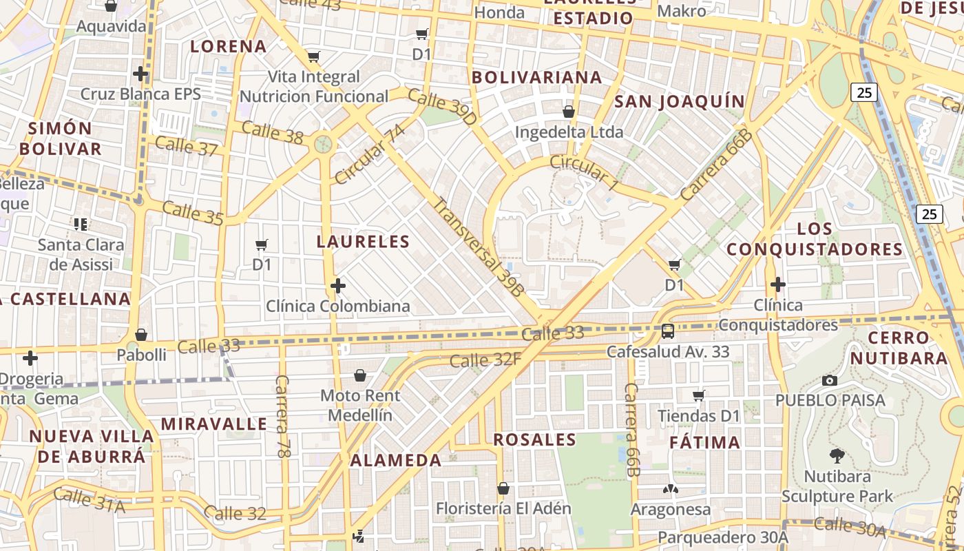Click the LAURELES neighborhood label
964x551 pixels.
(x=363, y=242)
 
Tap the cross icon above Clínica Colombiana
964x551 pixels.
(x=338, y=285)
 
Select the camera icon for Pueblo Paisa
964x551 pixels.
(x=830, y=380)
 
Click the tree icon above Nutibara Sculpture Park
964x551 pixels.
(x=837, y=455)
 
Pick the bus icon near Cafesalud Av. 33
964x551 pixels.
(x=667, y=331)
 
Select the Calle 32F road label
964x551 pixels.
(x=485, y=360)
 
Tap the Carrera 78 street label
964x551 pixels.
(x=282, y=417)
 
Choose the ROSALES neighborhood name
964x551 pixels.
(x=534, y=439)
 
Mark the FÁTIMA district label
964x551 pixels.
(x=705, y=442)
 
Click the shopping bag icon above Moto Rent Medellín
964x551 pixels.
(x=359, y=375)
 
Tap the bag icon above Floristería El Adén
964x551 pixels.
(x=503, y=488)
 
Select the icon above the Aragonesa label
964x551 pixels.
(x=670, y=489)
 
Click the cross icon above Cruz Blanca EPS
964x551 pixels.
(x=140, y=73)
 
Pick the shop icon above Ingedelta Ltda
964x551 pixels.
(x=569, y=112)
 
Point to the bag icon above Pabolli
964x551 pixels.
(x=141, y=335)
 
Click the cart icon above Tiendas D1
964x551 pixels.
(x=699, y=395)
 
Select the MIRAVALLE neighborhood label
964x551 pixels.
(x=213, y=424)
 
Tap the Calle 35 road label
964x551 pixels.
(x=193, y=213)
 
